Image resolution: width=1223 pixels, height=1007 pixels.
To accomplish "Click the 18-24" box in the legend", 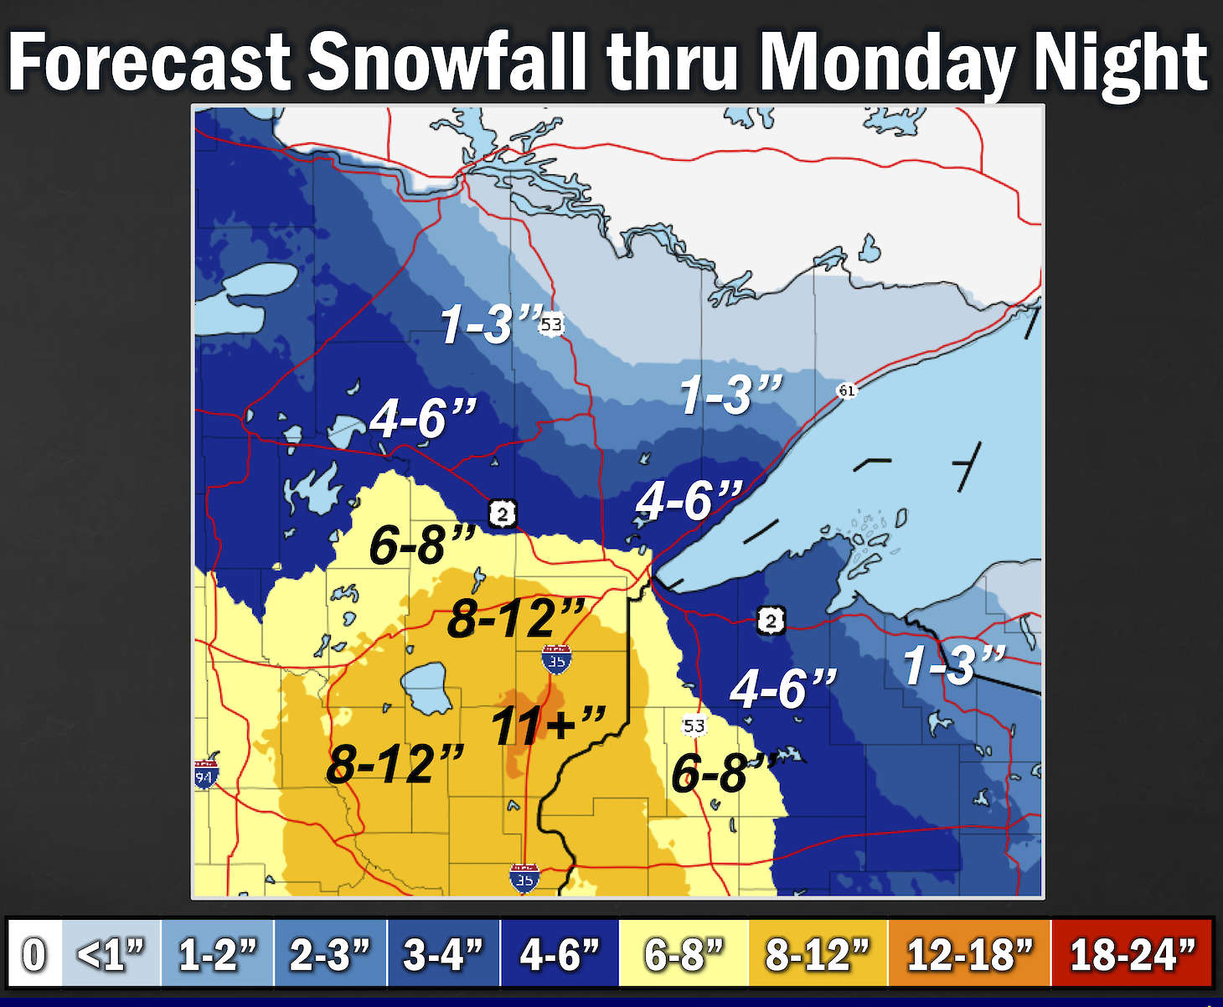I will coord(1131,953).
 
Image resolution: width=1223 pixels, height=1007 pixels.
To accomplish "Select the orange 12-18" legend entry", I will coord(968,953).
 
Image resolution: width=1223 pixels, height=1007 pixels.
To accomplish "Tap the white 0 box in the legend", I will coord(34,953).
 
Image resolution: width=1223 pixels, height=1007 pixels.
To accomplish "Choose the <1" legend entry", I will coord(111,953).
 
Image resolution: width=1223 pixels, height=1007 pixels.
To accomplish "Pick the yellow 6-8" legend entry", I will coord(683,953).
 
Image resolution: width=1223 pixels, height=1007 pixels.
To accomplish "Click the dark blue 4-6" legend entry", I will coord(559,953).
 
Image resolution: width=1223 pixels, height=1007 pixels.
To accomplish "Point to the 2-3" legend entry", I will coord(330,953).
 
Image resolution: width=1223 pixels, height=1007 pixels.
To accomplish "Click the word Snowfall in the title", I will coord(446,63).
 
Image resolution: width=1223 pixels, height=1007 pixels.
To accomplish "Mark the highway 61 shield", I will coord(847,390).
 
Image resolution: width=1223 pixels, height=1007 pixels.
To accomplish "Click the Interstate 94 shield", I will coord(205,774).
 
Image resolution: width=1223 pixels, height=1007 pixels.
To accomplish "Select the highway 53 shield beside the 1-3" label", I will coord(551,324).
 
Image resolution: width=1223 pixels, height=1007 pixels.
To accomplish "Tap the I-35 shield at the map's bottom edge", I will coord(524,879).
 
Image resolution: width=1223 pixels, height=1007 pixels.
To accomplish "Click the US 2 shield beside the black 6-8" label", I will coord(502,513).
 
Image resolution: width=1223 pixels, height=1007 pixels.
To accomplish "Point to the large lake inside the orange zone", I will coord(427,687).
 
